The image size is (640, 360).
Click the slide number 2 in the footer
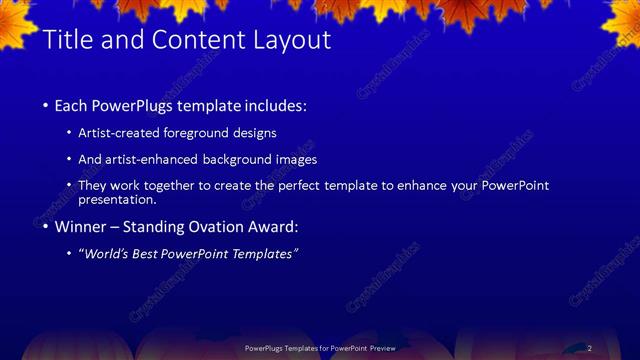[x=590, y=348]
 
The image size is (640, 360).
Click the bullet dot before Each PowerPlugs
[x=46, y=106]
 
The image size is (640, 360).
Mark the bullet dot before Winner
[x=46, y=227]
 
